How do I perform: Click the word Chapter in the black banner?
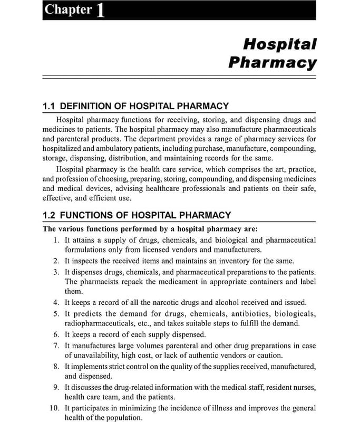pyautogui.click(x=68, y=10)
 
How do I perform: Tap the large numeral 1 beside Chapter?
pyautogui.click(x=100, y=11)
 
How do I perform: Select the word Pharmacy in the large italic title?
pyautogui.click(x=273, y=63)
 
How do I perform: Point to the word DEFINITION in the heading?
pyautogui.click(x=87, y=106)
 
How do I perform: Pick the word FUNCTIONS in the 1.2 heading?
pyautogui.click(x=87, y=215)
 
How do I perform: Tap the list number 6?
pyautogui.click(x=56, y=334)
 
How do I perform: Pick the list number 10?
pyautogui.click(x=54, y=408)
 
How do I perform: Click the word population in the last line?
pyautogui.click(x=124, y=418)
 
